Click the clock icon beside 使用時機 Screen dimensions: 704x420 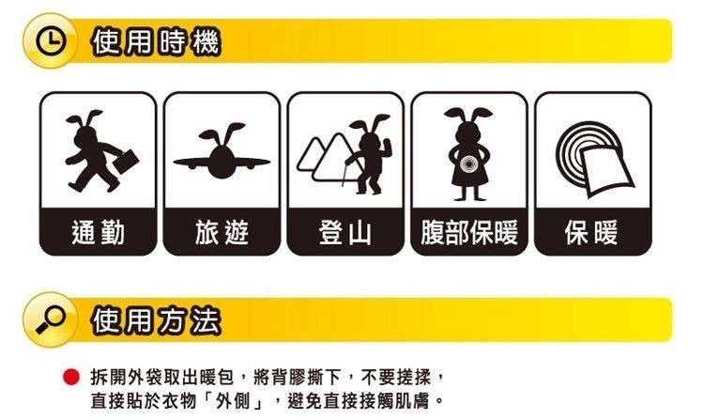pos(51,41)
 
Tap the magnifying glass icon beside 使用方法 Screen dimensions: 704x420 pos(51,319)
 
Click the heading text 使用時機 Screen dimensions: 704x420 pos(156,41)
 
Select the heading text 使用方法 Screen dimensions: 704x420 pos(156,320)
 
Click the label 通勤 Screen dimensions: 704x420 pos(99,233)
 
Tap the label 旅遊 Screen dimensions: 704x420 pos(222,233)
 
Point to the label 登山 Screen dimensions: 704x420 pos(345,233)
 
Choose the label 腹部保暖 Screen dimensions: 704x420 pos(469,233)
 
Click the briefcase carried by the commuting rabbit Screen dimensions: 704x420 pos(125,162)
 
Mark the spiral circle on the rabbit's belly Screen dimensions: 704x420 pos(467,164)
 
